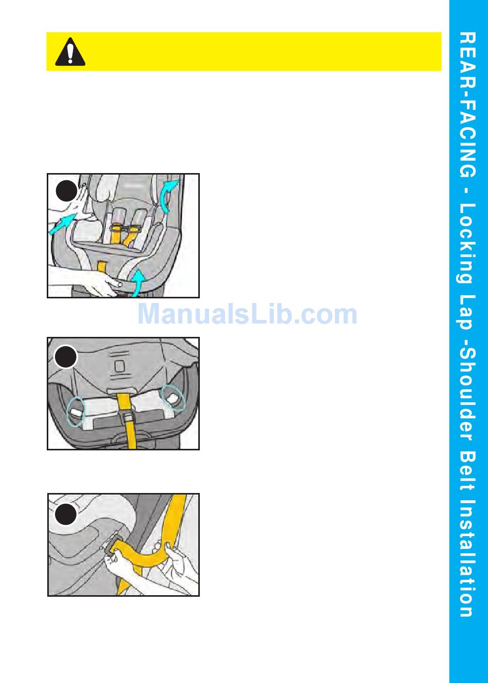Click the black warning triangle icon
point(70,52)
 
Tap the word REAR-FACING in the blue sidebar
point(467,105)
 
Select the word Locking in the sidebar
point(466,243)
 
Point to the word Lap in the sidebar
point(466,313)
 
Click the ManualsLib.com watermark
point(248,314)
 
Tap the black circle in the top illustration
point(66,191)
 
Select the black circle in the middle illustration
point(65,357)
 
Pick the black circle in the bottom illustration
point(66,515)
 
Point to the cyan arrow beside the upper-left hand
point(63,224)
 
